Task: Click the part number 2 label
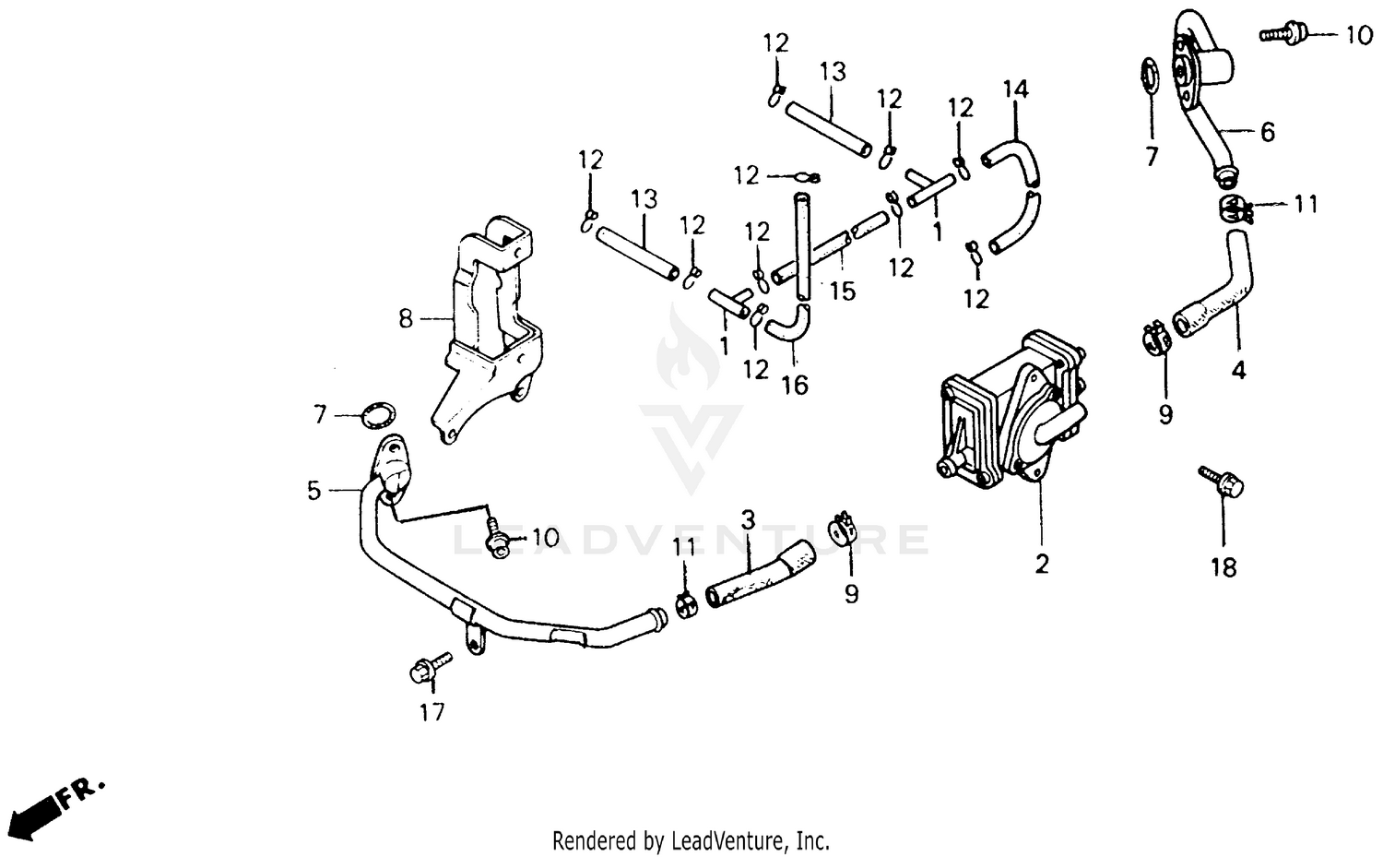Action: (x=1042, y=563)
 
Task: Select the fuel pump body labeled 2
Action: (x=1010, y=406)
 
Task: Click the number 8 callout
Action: (x=406, y=319)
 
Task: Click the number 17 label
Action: (x=431, y=712)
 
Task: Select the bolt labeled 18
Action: (x=1223, y=482)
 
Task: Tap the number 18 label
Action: (x=1223, y=567)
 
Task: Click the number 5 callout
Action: (x=314, y=490)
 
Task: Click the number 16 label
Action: (x=794, y=384)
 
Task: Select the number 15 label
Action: (x=842, y=292)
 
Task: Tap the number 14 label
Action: (x=1015, y=89)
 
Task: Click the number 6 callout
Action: (x=1268, y=133)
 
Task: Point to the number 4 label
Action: (x=1238, y=371)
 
